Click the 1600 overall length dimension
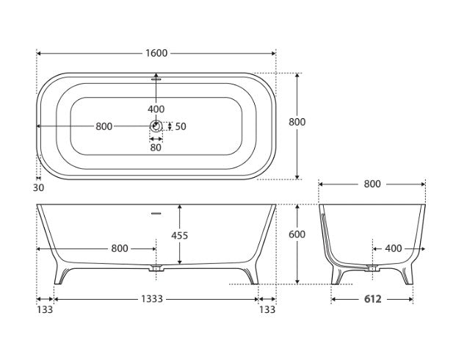[x=156, y=53]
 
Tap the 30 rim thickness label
[x=39, y=188]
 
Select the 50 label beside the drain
[x=181, y=126]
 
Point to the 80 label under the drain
[x=156, y=147]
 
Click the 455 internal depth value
[x=179, y=236]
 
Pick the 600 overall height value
[x=297, y=234]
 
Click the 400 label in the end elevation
[x=393, y=248]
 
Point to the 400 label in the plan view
[x=156, y=109]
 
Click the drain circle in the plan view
[x=156, y=126]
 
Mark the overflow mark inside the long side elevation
[x=156, y=214]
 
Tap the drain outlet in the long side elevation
[x=156, y=270]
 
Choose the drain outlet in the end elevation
[x=372, y=270]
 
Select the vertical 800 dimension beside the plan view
[x=297, y=122]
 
